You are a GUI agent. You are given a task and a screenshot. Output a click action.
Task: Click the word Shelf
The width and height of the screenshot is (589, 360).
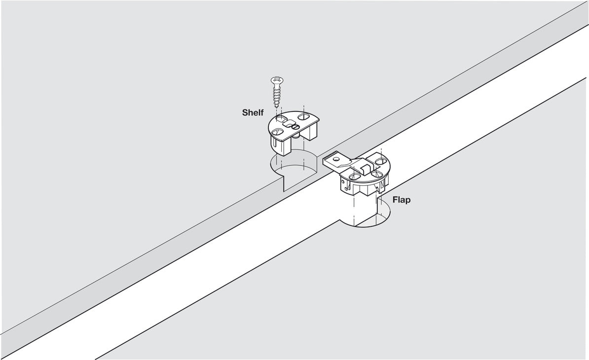253,112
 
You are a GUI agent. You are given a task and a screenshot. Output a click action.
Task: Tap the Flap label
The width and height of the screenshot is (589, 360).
402,200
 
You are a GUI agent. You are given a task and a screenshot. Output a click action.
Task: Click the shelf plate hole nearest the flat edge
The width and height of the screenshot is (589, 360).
303,117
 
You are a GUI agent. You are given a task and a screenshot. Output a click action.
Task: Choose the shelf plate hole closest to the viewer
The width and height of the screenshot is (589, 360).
278,132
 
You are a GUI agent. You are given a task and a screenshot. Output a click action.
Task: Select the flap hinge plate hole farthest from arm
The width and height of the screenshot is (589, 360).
379,161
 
